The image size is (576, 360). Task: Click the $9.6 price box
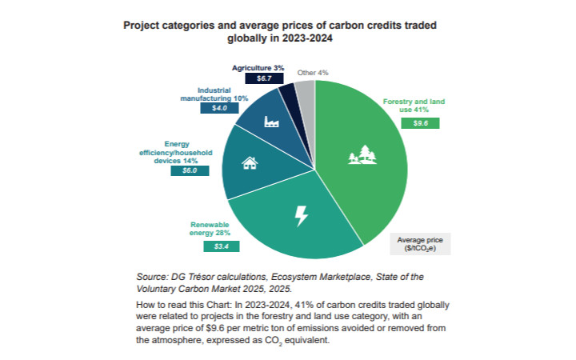tap(421, 123)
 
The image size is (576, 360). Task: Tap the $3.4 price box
tap(206, 246)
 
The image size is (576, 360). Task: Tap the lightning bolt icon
tap(302, 214)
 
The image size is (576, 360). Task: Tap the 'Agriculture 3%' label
tap(258, 68)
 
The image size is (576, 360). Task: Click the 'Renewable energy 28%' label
tap(210, 229)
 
